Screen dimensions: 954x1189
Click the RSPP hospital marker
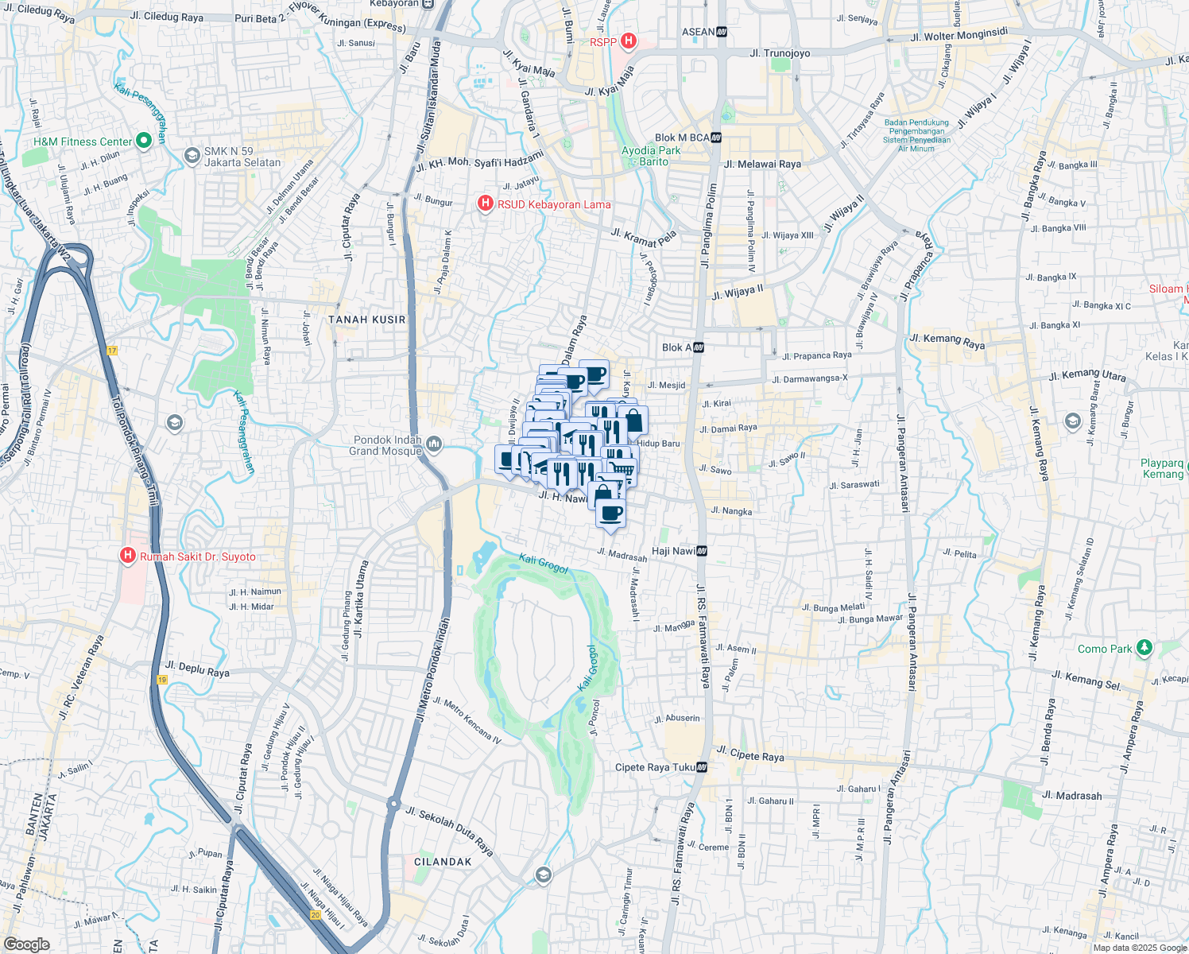[628, 41]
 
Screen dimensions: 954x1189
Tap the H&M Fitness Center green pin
[144, 141]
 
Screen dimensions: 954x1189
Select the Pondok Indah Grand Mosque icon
[433, 444]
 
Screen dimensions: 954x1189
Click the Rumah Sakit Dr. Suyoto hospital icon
[127, 556]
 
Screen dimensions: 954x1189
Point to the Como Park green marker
[1144, 648]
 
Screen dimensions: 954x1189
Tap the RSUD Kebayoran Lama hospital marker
[485, 204]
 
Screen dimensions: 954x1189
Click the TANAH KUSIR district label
[367, 320]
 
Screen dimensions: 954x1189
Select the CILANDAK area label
[443, 862]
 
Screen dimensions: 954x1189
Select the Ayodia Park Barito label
[651, 156]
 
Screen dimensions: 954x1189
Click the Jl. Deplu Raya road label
[197, 669]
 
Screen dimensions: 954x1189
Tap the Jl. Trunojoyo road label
[780, 53]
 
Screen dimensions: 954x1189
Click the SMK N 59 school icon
[192, 156]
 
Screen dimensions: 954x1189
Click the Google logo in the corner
[26, 944]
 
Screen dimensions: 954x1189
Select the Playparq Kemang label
[1162, 468]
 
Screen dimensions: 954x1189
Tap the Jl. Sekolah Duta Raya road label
[449, 830]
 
